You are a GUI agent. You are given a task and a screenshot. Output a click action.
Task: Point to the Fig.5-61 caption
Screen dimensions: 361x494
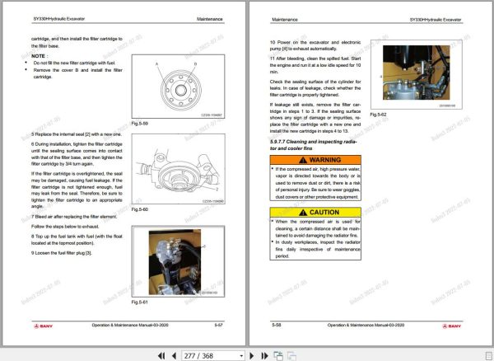click(138, 305)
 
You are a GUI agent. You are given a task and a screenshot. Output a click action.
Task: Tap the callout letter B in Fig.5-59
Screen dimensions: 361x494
click(194, 62)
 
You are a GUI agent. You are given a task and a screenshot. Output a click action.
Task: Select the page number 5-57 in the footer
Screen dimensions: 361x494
click(217, 326)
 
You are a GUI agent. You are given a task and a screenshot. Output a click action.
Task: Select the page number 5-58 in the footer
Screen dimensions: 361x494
click(277, 326)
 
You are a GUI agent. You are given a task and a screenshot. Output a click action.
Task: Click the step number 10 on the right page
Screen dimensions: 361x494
click(273, 41)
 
